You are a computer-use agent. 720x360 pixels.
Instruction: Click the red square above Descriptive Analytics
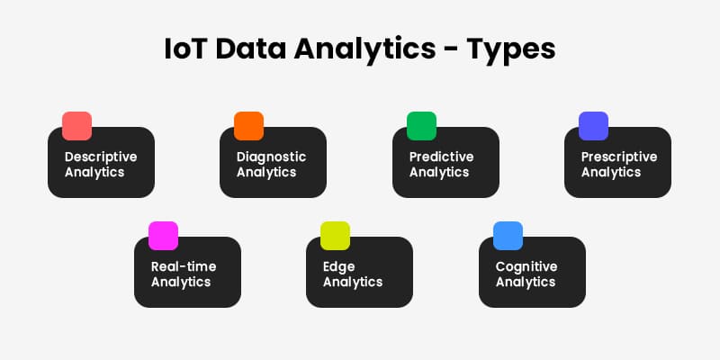click(x=76, y=126)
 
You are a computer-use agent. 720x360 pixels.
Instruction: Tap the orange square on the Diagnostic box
click(x=248, y=126)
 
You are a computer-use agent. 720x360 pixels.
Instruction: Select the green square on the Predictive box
click(x=421, y=126)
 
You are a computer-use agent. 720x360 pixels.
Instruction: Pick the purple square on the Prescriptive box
click(x=593, y=126)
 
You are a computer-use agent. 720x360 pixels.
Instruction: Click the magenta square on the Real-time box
click(x=163, y=236)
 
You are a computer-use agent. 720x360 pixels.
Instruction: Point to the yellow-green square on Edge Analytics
click(x=335, y=236)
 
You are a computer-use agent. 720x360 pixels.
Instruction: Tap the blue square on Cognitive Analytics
click(x=508, y=236)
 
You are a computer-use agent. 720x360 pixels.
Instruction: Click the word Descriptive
click(x=101, y=157)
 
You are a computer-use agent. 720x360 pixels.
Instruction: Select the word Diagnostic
click(x=271, y=157)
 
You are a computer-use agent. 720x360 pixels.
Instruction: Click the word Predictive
click(x=441, y=157)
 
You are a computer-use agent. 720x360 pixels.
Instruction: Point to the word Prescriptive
click(x=619, y=157)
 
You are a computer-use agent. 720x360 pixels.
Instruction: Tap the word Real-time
click(x=184, y=266)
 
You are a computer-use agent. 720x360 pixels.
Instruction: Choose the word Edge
click(x=339, y=267)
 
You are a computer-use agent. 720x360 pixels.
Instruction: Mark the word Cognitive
click(x=526, y=267)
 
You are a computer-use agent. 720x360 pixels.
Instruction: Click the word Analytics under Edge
click(x=353, y=282)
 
